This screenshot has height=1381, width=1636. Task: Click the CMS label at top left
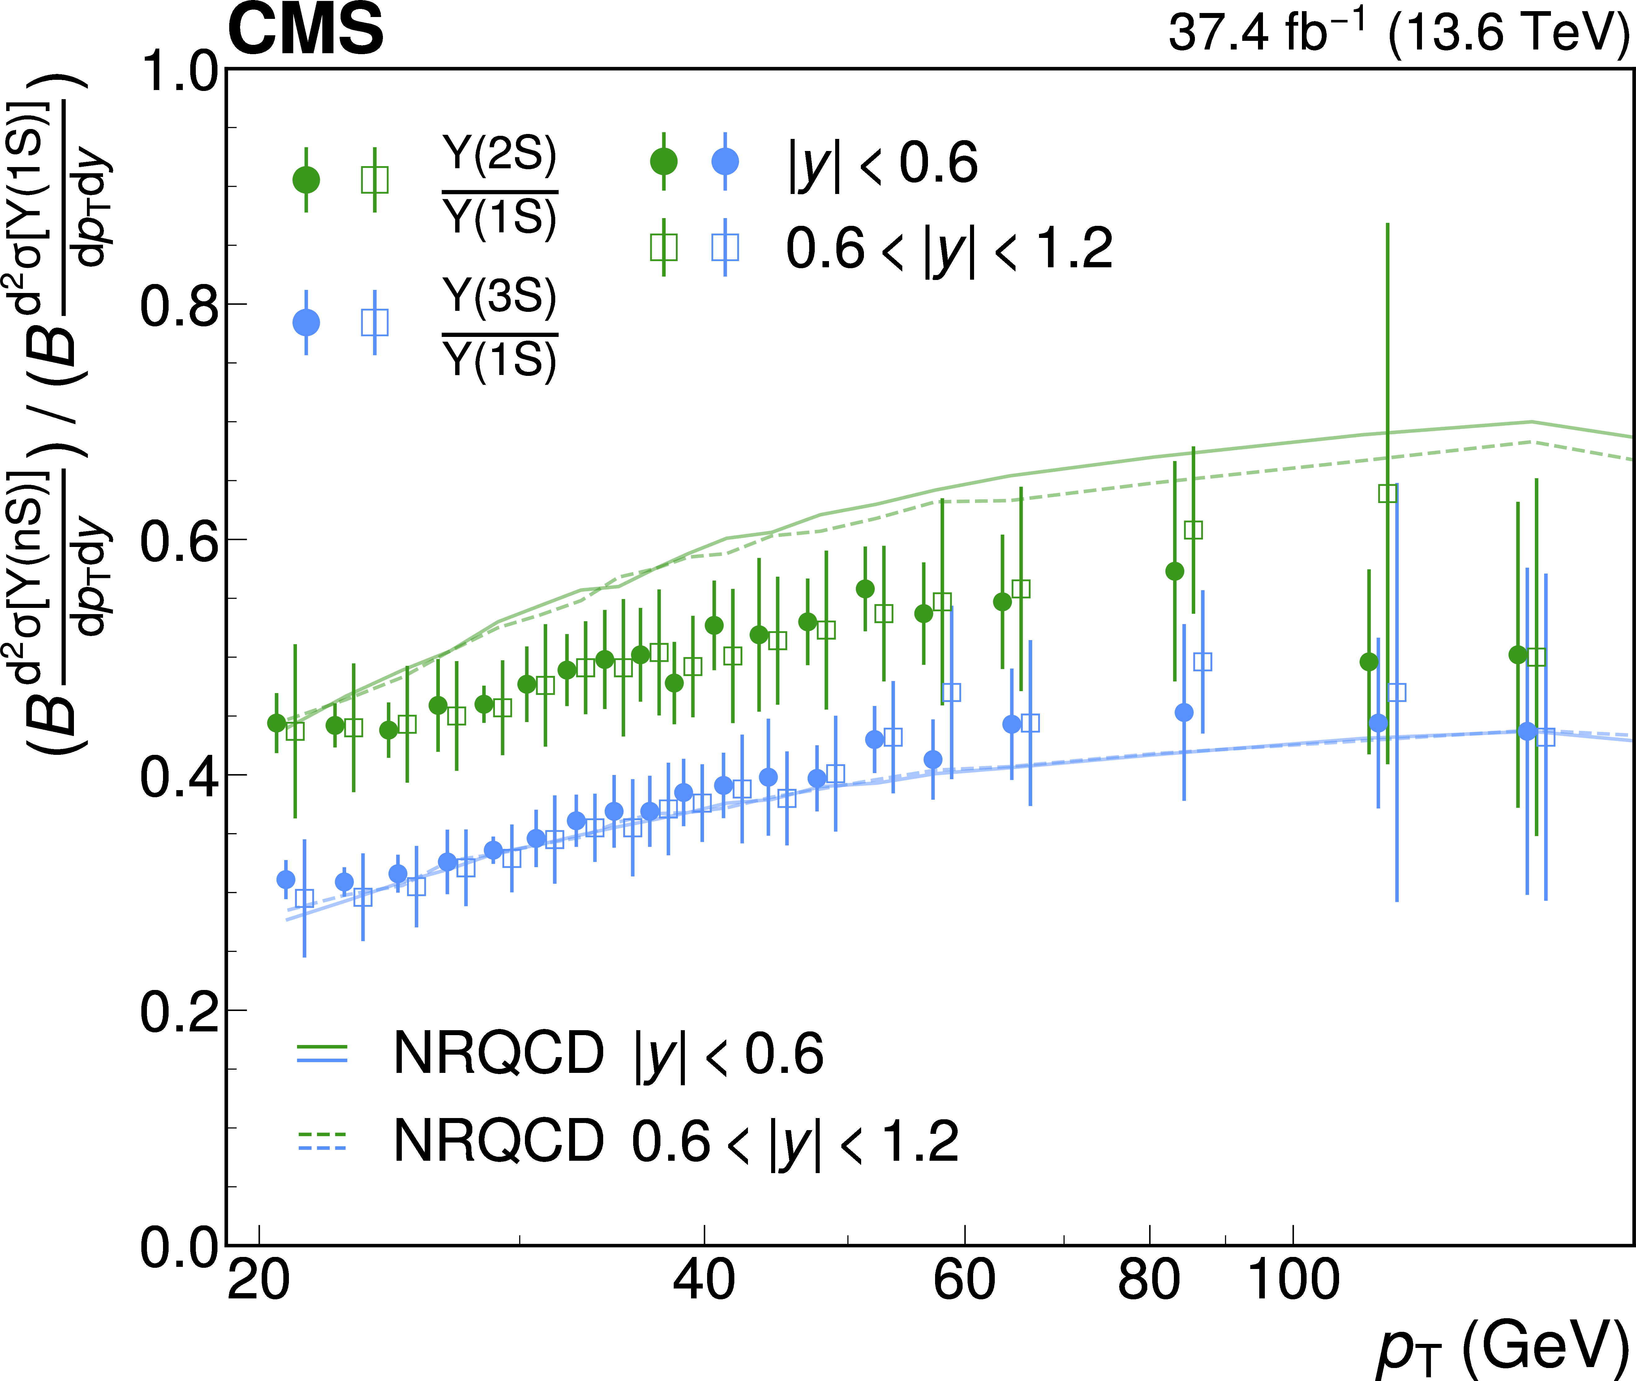305,30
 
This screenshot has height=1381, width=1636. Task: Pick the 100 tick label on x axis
1292,1281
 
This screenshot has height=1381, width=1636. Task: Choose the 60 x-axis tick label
964,1281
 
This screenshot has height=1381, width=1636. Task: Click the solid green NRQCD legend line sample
322,1046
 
